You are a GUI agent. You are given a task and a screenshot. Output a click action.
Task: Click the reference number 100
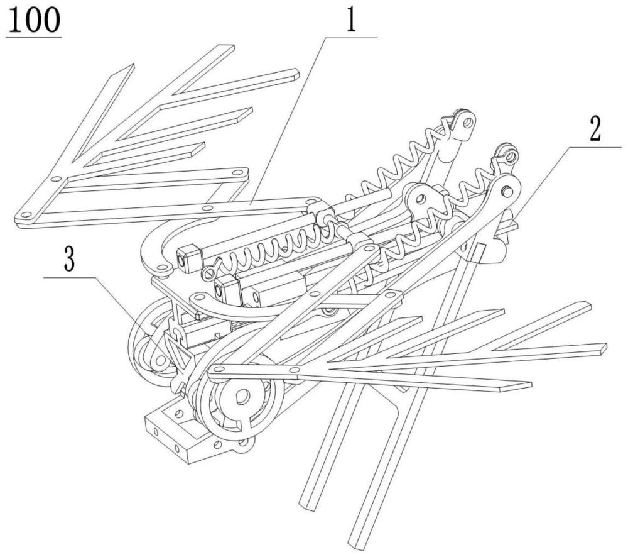34,20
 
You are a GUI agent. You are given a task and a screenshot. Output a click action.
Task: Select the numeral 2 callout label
595,128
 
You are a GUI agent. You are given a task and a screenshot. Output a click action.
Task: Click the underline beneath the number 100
34,37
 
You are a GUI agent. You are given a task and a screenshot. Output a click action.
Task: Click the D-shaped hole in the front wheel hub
243,397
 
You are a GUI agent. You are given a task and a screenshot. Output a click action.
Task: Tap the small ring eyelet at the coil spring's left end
208,273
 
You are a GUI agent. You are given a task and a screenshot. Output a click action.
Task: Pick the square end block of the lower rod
227,290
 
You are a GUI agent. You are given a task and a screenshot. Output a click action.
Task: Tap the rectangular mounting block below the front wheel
180,433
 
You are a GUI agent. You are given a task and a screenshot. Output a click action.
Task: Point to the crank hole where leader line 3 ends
161,360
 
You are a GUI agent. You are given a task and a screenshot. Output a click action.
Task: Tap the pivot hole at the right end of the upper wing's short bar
239,173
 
